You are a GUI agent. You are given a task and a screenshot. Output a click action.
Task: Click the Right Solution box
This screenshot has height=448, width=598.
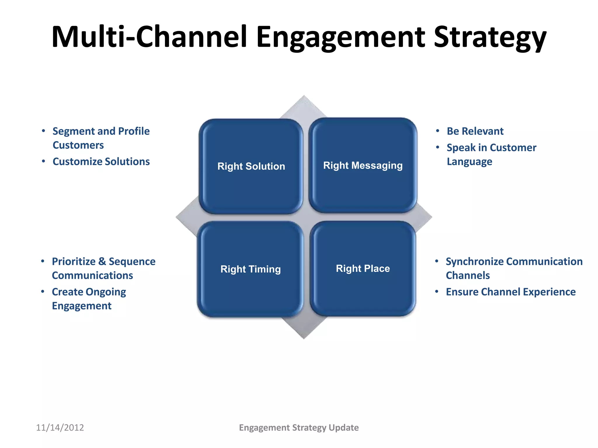click(251, 166)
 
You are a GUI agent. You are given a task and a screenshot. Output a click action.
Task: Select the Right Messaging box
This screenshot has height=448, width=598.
click(363, 165)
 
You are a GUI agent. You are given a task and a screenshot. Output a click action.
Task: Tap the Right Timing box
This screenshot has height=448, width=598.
click(251, 269)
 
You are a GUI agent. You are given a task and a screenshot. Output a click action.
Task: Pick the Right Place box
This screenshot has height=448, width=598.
click(363, 268)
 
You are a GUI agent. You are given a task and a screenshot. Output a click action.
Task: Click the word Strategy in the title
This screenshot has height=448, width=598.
click(490, 37)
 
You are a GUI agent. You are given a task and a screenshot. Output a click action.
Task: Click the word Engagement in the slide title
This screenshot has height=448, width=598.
click(340, 37)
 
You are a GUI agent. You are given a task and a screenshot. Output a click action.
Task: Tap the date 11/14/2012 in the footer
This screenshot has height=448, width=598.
click(60, 428)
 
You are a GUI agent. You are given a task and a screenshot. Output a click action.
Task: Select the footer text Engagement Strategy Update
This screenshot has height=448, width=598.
click(299, 428)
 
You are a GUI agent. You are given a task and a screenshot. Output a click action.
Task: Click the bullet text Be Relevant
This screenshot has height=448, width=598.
click(475, 131)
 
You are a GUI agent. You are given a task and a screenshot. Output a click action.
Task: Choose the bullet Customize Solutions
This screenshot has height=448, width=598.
click(101, 162)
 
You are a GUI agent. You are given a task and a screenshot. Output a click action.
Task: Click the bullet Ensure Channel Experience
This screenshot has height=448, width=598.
click(510, 292)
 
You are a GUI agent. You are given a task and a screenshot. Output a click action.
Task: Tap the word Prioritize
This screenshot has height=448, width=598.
click(74, 262)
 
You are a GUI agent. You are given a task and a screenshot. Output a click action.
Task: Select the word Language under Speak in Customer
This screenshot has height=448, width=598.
click(469, 162)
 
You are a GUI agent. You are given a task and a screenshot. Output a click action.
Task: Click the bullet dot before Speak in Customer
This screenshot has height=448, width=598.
click(437, 147)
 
